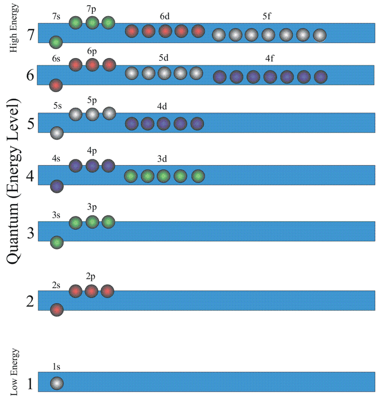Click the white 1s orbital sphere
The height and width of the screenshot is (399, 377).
(x=57, y=383)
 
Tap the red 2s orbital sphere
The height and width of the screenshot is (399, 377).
(x=57, y=310)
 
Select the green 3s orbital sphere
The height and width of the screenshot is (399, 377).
(x=57, y=242)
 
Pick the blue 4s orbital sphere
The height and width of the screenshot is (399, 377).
(x=57, y=186)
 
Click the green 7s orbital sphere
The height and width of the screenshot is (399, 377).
(x=56, y=41)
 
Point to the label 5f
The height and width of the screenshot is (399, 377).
(x=267, y=17)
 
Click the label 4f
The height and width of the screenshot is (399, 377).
(x=269, y=58)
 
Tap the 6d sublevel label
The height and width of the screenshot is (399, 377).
(x=164, y=17)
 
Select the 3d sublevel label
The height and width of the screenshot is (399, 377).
(x=162, y=158)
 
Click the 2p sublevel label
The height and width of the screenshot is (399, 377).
(x=91, y=276)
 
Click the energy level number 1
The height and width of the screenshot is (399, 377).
(x=30, y=384)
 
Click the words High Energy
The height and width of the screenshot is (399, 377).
(x=14, y=28)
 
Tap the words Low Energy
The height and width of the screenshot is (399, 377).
(x=15, y=372)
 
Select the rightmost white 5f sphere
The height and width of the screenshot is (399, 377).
(x=319, y=36)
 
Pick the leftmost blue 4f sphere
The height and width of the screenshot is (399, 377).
(x=220, y=77)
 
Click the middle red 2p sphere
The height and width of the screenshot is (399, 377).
(x=91, y=291)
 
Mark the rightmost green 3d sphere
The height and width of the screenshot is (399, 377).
(x=198, y=176)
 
